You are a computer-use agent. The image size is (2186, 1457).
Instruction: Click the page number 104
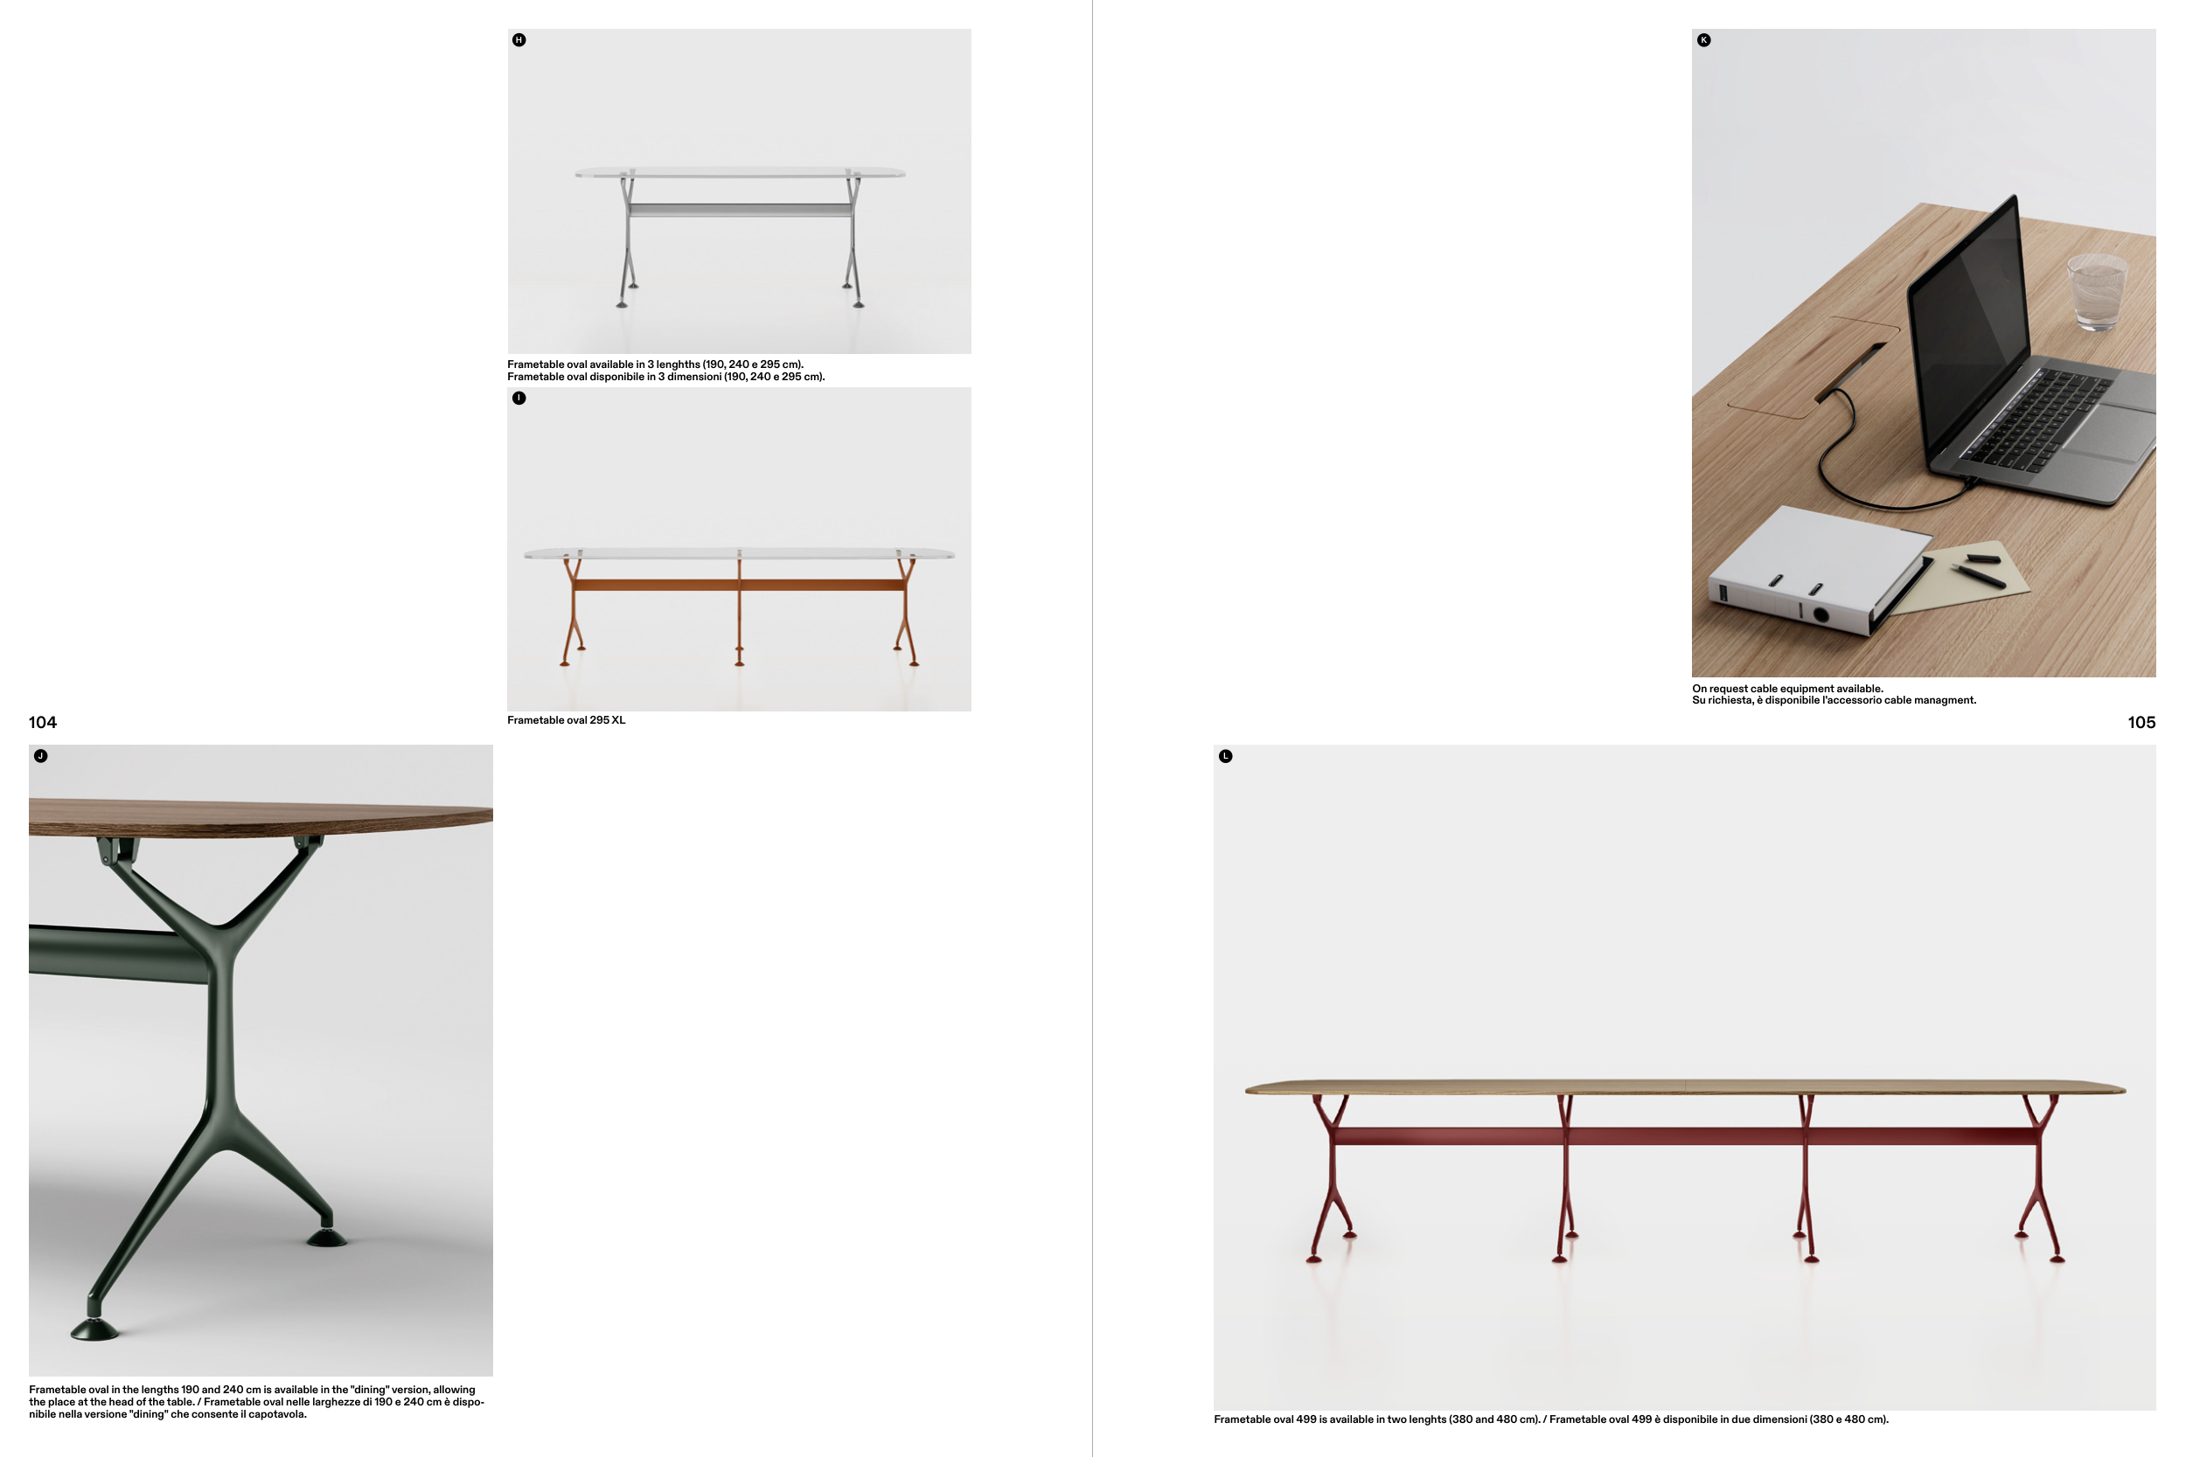(x=43, y=722)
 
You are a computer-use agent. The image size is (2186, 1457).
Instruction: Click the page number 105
(x=2141, y=722)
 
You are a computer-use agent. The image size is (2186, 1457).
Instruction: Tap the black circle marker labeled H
(x=519, y=40)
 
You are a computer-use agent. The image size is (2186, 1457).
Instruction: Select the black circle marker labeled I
(x=519, y=398)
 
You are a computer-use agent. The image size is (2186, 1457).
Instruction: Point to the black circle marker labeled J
(x=41, y=755)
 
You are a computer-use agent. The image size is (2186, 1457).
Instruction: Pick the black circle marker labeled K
(x=1703, y=40)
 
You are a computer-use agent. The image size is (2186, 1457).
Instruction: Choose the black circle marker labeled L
(x=1225, y=756)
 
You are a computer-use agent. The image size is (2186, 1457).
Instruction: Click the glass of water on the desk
(x=2097, y=292)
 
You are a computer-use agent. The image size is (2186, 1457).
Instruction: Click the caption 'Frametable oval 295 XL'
(x=566, y=720)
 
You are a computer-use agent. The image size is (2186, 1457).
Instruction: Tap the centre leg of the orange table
(x=739, y=607)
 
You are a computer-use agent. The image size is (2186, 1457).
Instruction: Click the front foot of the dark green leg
(x=94, y=1329)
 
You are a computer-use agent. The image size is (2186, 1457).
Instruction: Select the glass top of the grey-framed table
(x=740, y=173)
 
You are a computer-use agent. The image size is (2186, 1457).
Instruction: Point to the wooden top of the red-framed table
(x=1685, y=1087)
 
